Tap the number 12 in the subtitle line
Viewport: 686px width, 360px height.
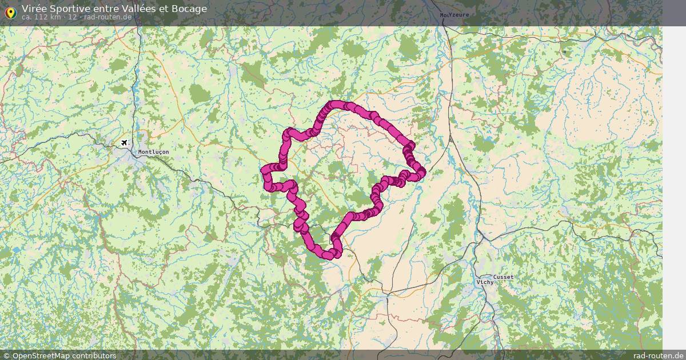pos(72,17)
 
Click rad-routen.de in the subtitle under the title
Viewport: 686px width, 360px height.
pos(108,17)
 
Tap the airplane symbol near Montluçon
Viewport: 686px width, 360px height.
pos(124,142)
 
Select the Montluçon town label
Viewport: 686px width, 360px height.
pos(153,152)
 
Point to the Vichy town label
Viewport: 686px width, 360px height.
pos(485,282)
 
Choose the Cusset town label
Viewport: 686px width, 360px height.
pos(503,277)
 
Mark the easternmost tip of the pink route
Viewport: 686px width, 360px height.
pos(423,171)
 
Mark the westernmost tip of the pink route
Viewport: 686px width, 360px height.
pos(264,170)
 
